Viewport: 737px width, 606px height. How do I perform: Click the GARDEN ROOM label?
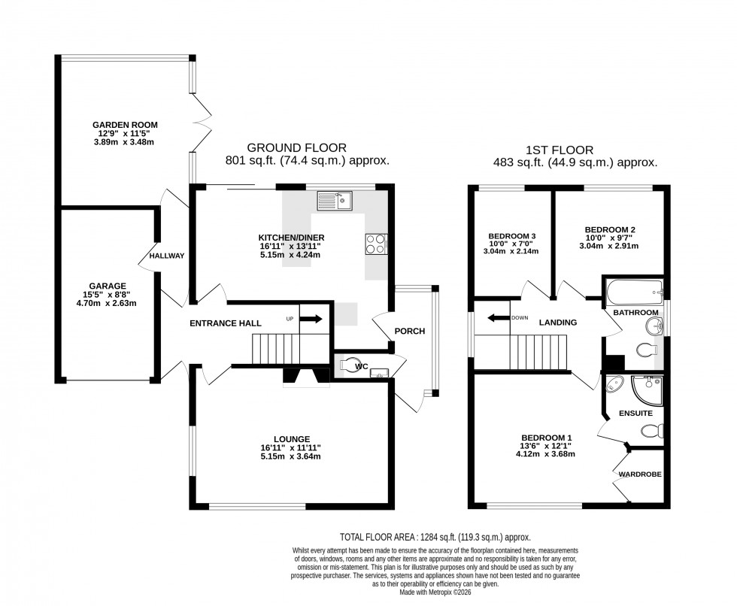[x=125, y=125]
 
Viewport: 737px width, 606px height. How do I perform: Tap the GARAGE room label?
[x=108, y=286]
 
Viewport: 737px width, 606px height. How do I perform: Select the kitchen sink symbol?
[x=335, y=200]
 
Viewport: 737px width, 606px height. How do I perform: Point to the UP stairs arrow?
[x=311, y=319]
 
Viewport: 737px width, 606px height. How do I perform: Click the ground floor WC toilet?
[x=351, y=365]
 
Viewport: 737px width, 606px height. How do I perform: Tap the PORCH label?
[x=410, y=331]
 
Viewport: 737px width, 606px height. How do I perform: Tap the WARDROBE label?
[x=640, y=474]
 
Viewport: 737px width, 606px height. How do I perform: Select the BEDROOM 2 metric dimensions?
[x=610, y=245]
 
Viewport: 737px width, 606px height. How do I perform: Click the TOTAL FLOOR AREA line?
[x=435, y=537]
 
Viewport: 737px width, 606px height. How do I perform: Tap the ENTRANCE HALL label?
[x=225, y=323]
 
